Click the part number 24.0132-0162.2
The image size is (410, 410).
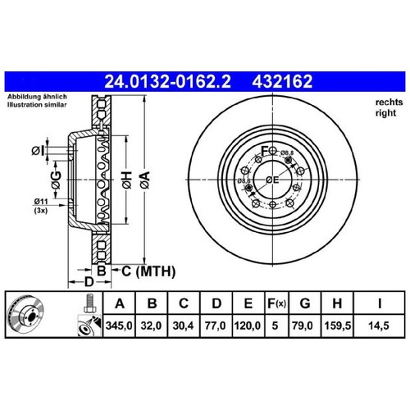point(167,81)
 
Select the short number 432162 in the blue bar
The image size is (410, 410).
point(282,81)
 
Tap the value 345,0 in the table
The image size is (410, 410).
point(119,326)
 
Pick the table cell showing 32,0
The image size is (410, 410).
point(151,326)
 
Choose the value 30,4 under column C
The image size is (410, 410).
point(183,326)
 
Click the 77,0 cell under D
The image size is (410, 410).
point(216,326)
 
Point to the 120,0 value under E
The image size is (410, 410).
point(248,326)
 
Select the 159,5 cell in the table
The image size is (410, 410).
point(338,326)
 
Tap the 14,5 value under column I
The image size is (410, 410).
point(379,326)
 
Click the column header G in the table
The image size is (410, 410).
point(305,303)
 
